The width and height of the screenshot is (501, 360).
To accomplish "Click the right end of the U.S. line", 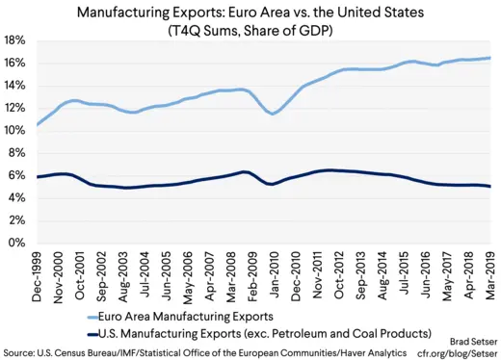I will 489,187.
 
